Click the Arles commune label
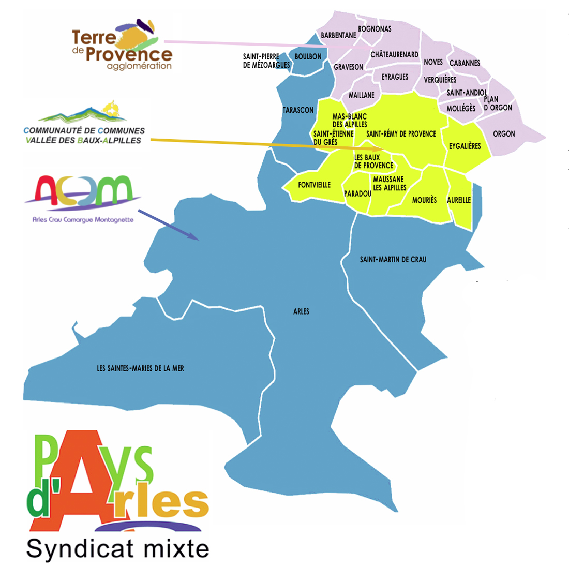click(x=301, y=311)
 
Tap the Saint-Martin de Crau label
click(x=393, y=259)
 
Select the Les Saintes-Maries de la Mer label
click(x=140, y=368)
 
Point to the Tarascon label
click(x=298, y=110)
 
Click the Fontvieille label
click(x=314, y=185)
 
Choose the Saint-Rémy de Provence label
click(x=401, y=133)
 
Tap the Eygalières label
click(x=465, y=146)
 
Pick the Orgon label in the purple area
click(x=504, y=133)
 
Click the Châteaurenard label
click(x=394, y=54)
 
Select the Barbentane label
click(x=338, y=35)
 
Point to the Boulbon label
click(x=308, y=56)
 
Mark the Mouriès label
click(x=424, y=200)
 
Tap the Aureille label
click(x=459, y=200)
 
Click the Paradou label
click(x=357, y=193)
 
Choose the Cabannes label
click(x=465, y=63)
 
